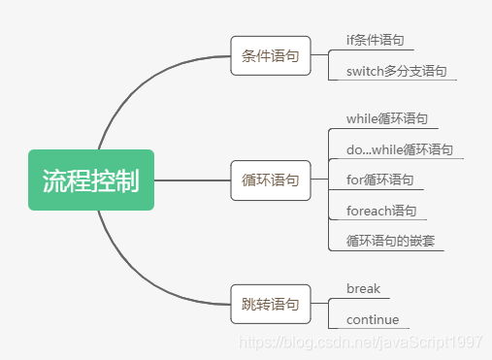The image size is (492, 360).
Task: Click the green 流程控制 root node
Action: point(90,180)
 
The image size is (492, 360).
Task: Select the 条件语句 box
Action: point(270,55)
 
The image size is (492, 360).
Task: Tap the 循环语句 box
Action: point(270,180)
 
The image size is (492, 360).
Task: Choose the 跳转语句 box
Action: point(270,304)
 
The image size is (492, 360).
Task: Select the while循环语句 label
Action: point(385,118)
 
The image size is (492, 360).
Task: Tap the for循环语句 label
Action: point(379,180)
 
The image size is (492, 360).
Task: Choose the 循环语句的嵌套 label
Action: point(386,241)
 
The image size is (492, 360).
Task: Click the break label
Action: point(362,288)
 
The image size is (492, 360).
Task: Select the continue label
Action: point(372,319)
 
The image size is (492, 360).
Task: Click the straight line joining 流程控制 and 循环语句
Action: point(192,180)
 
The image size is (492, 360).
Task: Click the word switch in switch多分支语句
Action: point(367,71)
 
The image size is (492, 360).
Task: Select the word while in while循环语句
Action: point(361,118)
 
